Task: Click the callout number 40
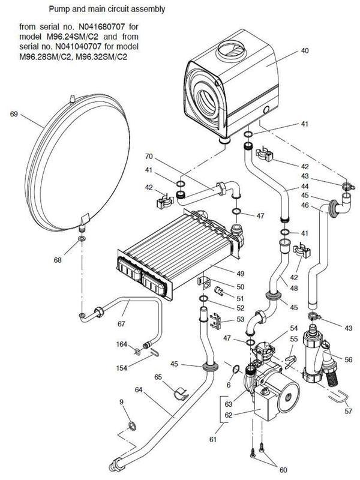(305, 51)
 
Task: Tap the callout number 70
(149, 157)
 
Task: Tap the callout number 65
(158, 377)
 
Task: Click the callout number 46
(305, 206)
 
